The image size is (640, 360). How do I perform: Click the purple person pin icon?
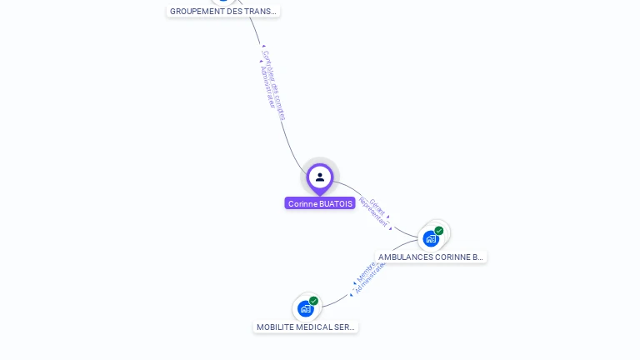coord(320,177)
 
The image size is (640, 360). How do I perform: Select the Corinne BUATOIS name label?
coord(320,203)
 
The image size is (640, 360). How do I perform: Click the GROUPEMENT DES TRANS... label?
coord(222,12)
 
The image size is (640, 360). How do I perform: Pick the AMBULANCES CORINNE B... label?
coord(430,257)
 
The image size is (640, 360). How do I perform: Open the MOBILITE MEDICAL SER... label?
coord(306,327)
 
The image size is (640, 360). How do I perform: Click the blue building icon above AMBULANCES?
coord(431,238)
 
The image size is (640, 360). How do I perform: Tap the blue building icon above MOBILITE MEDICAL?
coord(306,308)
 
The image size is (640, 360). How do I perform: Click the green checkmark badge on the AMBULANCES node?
coord(439,231)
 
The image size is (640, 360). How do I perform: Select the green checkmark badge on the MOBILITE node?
coord(314,301)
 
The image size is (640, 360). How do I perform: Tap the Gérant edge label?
coord(377,205)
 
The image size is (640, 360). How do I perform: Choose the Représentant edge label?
coord(372,212)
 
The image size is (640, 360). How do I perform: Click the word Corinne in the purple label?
coord(302,203)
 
